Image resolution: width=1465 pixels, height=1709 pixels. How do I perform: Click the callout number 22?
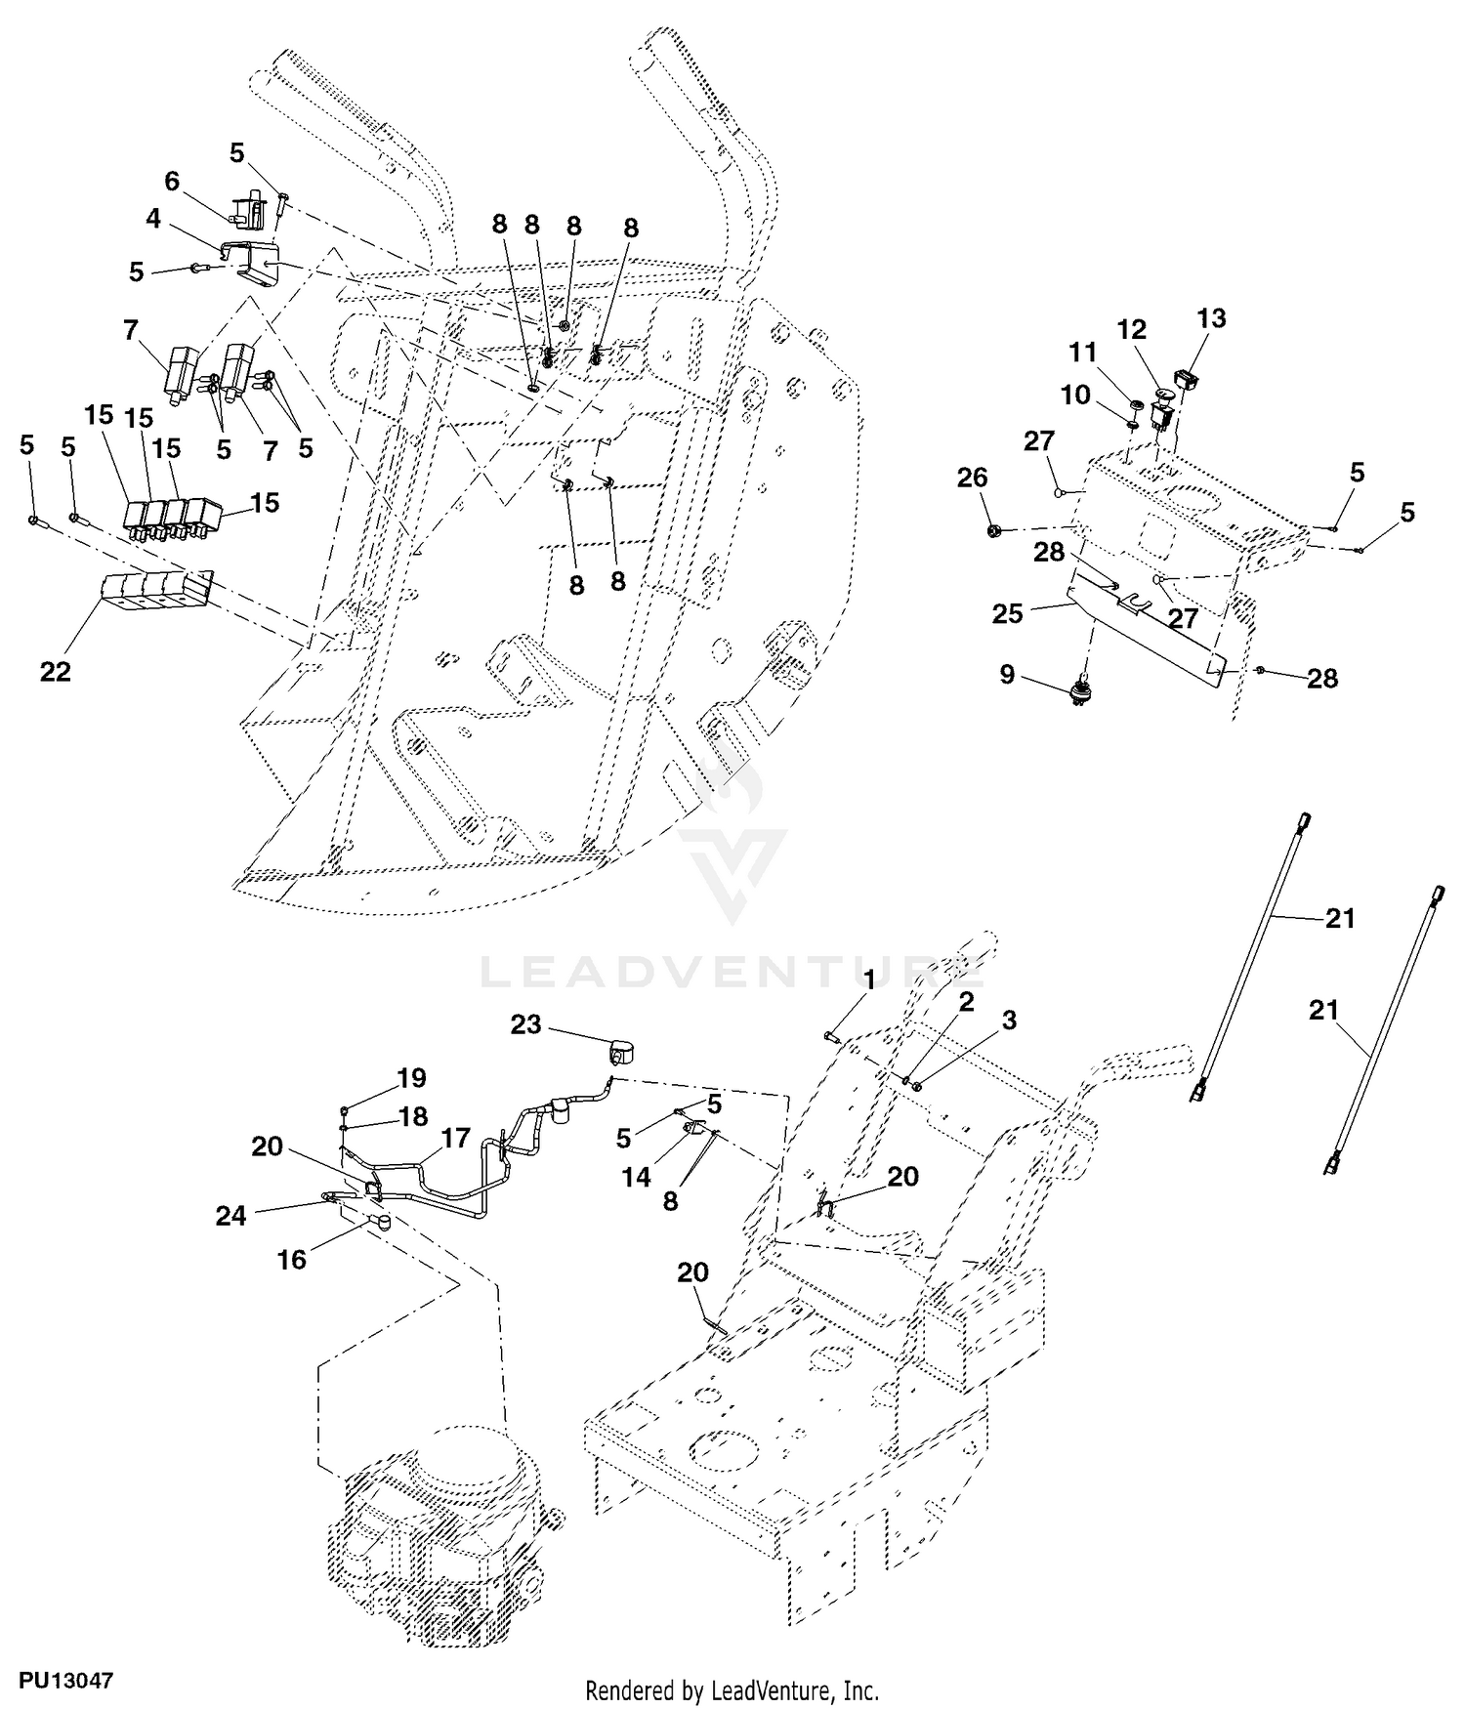click(56, 672)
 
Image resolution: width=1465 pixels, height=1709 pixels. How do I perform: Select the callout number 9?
click(1008, 674)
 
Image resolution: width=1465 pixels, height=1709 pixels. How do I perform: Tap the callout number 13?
click(1211, 318)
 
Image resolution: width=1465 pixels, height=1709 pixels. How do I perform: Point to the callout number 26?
click(973, 478)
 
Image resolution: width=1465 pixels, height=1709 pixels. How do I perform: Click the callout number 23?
click(525, 1024)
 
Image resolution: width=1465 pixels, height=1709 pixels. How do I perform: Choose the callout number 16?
click(292, 1260)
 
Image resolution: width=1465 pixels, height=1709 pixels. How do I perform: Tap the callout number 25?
click(1008, 613)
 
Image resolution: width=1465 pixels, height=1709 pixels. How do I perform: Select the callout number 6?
click(172, 182)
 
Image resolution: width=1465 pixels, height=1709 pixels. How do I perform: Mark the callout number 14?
click(636, 1178)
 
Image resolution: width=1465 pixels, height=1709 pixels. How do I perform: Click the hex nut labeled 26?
click(993, 530)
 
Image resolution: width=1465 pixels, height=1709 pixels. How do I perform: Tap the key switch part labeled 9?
click(1080, 689)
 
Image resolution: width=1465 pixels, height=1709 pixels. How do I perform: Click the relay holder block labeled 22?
click(156, 594)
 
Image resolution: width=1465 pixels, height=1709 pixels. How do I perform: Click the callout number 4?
click(153, 219)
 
